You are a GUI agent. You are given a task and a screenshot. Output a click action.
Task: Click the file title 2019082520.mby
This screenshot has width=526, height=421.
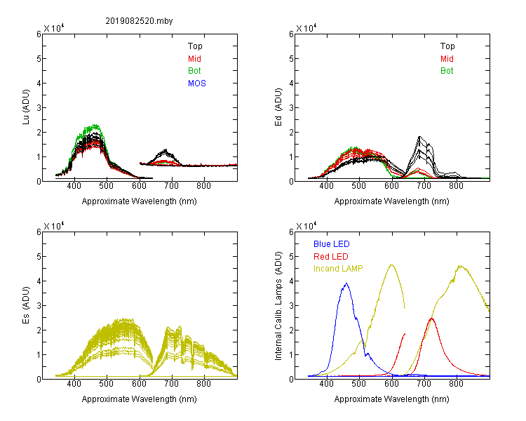tap(139, 21)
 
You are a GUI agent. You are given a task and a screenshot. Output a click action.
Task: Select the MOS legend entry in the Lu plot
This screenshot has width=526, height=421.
tap(197, 83)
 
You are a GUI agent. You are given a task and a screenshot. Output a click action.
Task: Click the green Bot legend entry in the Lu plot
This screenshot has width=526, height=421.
tap(194, 71)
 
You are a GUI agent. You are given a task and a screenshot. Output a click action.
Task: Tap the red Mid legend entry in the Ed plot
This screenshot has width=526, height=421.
tap(447, 59)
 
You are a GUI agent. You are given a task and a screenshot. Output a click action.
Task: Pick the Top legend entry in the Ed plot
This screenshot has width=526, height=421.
tap(447, 46)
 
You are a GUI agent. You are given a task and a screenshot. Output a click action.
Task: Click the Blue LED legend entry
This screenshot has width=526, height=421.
tap(332, 244)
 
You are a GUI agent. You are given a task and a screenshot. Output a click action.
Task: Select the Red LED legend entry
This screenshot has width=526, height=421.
tap(331, 257)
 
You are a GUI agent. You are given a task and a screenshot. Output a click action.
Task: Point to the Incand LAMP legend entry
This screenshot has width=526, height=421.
tap(338, 269)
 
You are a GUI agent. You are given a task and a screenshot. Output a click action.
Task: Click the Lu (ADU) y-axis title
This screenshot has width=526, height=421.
tap(26, 107)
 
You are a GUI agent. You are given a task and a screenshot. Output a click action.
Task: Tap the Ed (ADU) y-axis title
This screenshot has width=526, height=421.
tap(278, 107)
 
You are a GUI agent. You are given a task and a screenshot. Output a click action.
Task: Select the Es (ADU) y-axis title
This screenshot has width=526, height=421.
tap(26, 305)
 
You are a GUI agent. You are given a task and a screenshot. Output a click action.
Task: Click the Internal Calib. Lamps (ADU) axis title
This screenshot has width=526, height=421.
tap(278, 306)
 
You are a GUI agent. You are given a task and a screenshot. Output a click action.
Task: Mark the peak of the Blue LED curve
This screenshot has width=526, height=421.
tap(346, 283)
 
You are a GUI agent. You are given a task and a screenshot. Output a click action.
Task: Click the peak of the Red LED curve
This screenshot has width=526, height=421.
tap(431, 319)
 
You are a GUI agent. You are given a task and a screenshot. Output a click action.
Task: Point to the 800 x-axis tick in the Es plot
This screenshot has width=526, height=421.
tap(203, 384)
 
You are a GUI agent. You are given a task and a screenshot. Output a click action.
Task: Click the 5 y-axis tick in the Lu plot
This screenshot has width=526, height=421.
tap(39, 59)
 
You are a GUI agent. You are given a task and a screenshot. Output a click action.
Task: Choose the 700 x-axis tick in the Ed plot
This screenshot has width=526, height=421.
tap(424, 186)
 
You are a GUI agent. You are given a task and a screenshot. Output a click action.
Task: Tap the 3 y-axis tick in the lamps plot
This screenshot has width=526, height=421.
tap(291, 306)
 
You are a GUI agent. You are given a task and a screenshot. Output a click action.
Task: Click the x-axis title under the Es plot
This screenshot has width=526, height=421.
tap(140, 399)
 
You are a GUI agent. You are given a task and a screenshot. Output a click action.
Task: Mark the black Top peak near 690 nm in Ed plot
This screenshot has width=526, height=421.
tap(419, 137)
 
